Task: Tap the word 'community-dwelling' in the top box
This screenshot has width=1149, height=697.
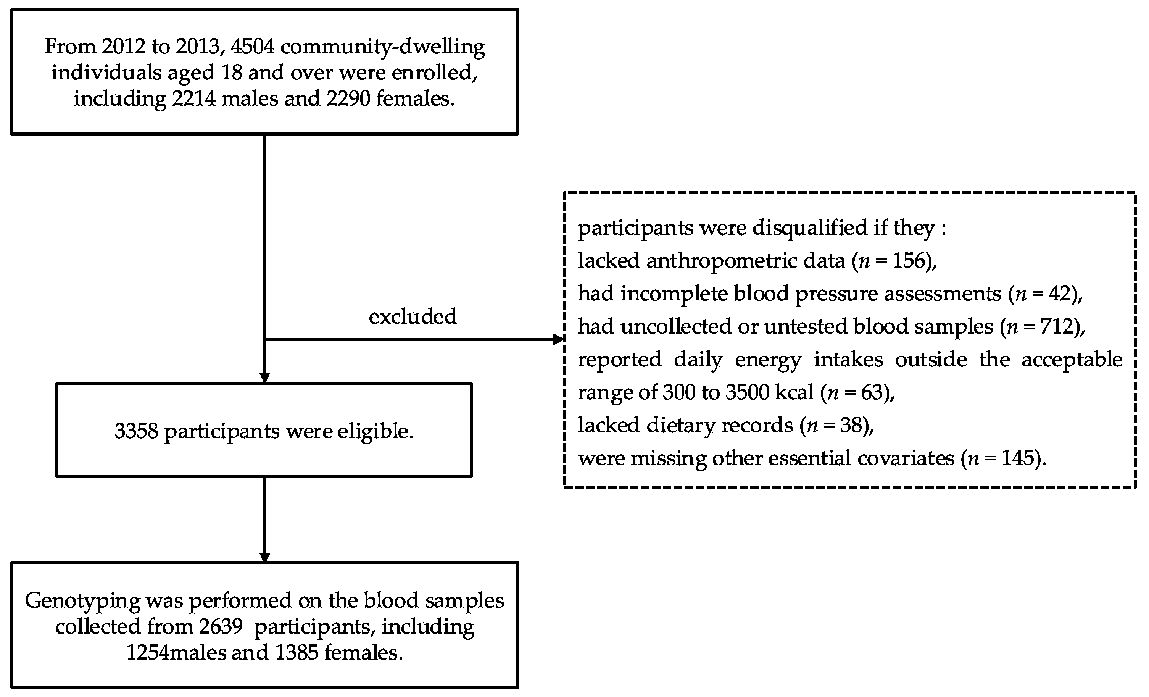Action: pyautogui.click(x=383, y=47)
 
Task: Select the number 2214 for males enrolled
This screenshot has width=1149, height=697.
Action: pyautogui.click(x=194, y=98)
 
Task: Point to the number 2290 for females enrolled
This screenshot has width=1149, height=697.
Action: pyautogui.click(x=348, y=98)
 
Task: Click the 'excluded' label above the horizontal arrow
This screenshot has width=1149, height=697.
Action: pyautogui.click(x=412, y=317)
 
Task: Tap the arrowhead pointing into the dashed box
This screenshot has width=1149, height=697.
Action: pyautogui.click(x=558, y=339)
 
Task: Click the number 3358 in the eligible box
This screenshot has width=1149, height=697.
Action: pyautogui.click(x=136, y=431)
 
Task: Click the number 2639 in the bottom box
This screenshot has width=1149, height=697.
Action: pyautogui.click(x=221, y=626)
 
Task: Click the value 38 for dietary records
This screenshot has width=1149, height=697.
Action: pyautogui.click(x=851, y=425)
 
